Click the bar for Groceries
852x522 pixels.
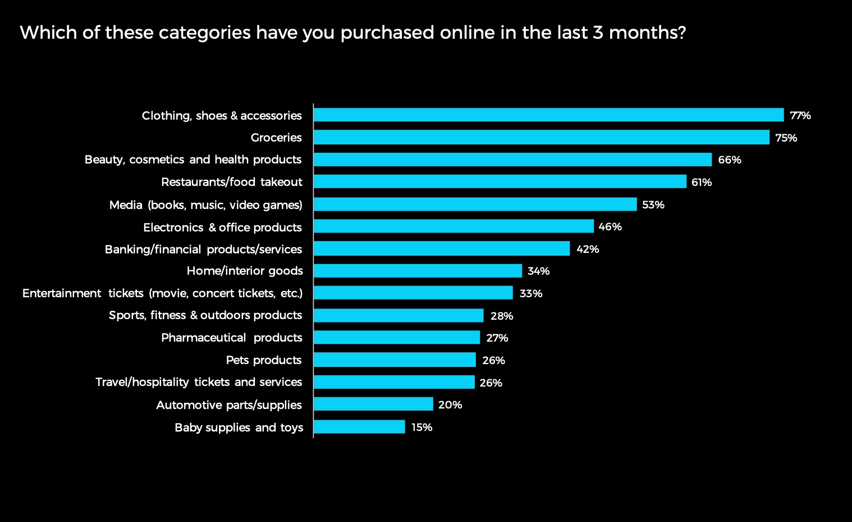pyautogui.click(x=541, y=137)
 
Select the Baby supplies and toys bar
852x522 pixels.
pyautogui.click(x=359, y=427)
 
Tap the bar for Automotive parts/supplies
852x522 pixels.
pyautogui.click(x=373, y=404)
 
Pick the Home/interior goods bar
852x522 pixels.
pyautogui.click(x=418, y=271)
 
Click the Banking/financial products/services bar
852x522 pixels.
pyautogui.click(x=442, y=248)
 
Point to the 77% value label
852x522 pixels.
pyautogui.click(x=800, y=116)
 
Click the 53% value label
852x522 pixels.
pyautogui.click(x=653, y=205)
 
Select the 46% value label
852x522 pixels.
pyautogui.click(x=610, y=227)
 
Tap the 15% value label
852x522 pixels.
pyautogui.click(x=422, y=428)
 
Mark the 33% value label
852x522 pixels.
pyautogui.click(x=530, y=293)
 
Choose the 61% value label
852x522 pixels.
pyautogui.click(x=701, y=183)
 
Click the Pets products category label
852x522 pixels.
pyautogui.click(x=263, y=360)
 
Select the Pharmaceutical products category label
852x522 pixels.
pyautogui.click(x=231, y=338)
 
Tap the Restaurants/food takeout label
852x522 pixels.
pyautogui.click(x=231, y=182)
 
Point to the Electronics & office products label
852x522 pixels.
pyautogui.click(x=222, y=228)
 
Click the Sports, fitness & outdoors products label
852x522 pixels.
pyautogui.click(x=205, y=315)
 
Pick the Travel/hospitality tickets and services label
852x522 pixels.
pyautogui.click(x=199, y=382)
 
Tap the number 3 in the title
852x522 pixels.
pyautogui.click(x=598, y=33)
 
